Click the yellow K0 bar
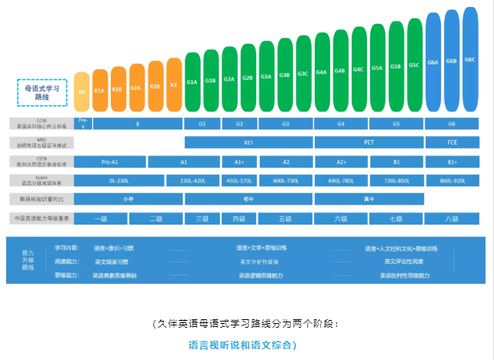82,92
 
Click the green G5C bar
414,66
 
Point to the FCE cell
452,143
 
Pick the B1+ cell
452,162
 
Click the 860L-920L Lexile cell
452,181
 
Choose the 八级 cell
452,218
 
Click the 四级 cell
239,218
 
